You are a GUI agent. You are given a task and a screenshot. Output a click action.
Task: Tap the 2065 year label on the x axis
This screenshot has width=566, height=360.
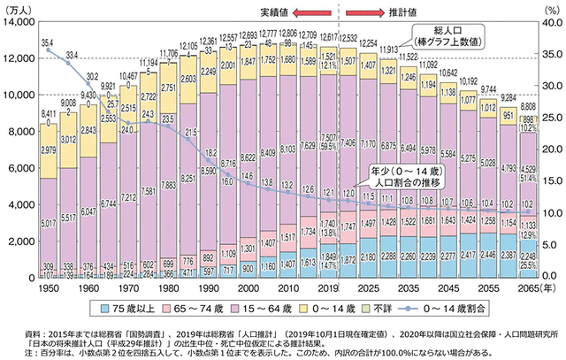[x=529, y=290]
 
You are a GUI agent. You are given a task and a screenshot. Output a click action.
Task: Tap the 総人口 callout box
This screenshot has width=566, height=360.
[x=441, y=37]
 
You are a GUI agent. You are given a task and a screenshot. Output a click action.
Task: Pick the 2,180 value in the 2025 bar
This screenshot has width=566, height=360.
[x=367, y=257]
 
